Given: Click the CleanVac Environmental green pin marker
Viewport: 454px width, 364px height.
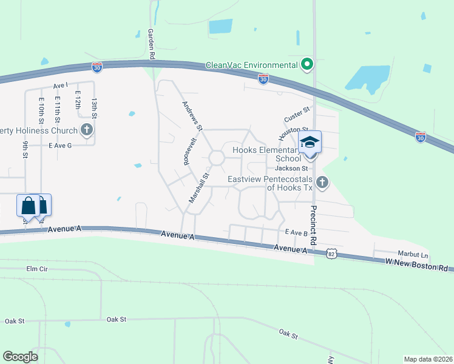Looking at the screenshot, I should coord(307,64).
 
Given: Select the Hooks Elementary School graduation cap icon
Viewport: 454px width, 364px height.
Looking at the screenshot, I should coord(310,143).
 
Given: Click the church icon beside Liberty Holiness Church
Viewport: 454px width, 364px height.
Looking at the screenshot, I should coord(87,129).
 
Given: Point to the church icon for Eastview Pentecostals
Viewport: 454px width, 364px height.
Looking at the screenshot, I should coord(322,181).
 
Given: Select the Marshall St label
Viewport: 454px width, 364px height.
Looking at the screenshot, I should coord(198,187).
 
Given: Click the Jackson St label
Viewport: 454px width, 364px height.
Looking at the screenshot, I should coord(288,168).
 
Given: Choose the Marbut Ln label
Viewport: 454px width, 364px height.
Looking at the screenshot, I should coord(413,255).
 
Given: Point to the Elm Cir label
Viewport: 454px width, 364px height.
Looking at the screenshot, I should coord(36,268).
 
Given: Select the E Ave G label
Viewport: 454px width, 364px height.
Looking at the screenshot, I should coord(60,146).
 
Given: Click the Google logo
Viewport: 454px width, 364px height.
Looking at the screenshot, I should coord(20,357).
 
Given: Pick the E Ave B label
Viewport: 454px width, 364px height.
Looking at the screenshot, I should coord(293,232).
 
